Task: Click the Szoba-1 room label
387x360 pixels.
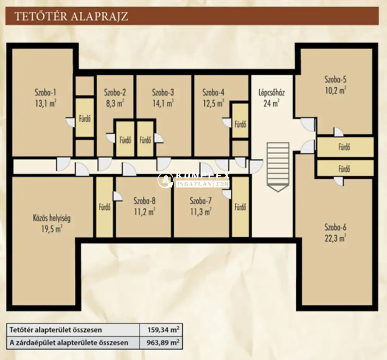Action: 45,92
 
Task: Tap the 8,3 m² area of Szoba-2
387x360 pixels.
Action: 115,103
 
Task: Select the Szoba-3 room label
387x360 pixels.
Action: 163,92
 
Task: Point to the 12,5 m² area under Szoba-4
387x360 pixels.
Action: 213,103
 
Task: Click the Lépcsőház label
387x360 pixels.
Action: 272,93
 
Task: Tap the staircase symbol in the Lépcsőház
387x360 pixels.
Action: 277,167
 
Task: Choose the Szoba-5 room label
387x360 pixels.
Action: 336,79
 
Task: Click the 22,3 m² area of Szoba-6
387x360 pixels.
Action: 335,238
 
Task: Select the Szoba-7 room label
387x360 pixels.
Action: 200,201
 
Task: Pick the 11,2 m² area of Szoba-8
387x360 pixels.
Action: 144,212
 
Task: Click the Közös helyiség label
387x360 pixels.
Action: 52,218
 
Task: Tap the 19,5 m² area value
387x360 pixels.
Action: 51,229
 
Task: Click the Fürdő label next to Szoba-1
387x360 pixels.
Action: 85,119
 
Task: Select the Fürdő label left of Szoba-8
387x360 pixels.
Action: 104,207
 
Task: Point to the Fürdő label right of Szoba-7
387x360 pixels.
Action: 240,207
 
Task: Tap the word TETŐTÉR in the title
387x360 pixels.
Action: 41,16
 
